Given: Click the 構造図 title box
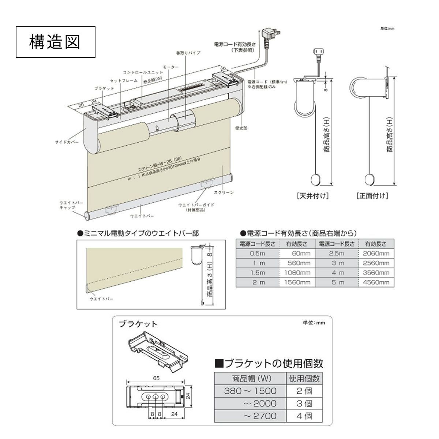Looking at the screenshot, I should tap(56, 42).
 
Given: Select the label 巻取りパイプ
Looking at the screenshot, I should tap(188, 53).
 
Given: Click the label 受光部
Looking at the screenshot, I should tap(241, 128).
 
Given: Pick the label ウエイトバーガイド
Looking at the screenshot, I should tap(196, 205).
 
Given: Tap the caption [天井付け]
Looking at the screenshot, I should tap(312, 196).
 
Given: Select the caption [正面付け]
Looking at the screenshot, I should tap(372, 196).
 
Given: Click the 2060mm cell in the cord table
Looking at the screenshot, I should tap(376, 253).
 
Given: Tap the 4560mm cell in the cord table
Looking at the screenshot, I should tap(376, 282).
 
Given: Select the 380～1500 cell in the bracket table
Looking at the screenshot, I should tap(250, 391).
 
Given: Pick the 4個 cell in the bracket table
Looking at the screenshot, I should tap(304, 416).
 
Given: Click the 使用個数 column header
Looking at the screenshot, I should tap(304, 378).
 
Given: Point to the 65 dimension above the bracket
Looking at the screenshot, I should tap(156, 378).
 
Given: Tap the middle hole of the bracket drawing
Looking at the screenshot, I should tap(156, 397).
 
